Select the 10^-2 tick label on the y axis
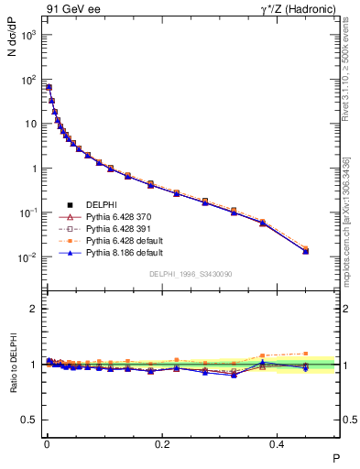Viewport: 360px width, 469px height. (x=27, y=257)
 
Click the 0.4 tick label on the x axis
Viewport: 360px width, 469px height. (x=278, y=445)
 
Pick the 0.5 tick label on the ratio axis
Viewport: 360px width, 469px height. (x=29, y=420)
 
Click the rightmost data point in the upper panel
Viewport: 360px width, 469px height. (x=306, y=250)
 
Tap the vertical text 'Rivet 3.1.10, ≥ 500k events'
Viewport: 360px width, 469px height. (x=346, y=72)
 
